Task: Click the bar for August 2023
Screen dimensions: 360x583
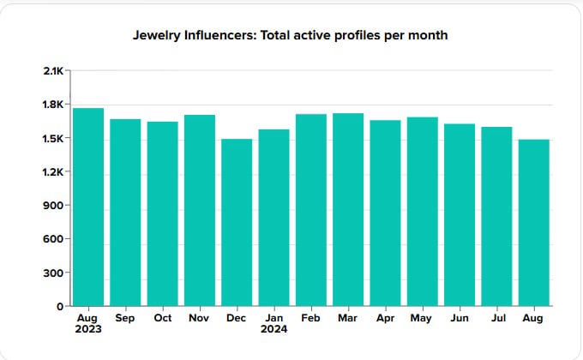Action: (88, 207)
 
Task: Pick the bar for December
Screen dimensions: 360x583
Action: (237, 222)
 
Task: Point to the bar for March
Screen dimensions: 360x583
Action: (348, 209)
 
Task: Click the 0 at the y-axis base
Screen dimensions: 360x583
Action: (60, 306)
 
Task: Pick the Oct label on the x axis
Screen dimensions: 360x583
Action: (162, 317)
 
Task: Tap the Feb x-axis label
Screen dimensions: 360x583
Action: (311, 317)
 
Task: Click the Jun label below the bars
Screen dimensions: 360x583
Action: (460, 317)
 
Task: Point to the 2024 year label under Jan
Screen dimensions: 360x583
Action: (273, 327)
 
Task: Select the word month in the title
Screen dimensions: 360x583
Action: (430, 36)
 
